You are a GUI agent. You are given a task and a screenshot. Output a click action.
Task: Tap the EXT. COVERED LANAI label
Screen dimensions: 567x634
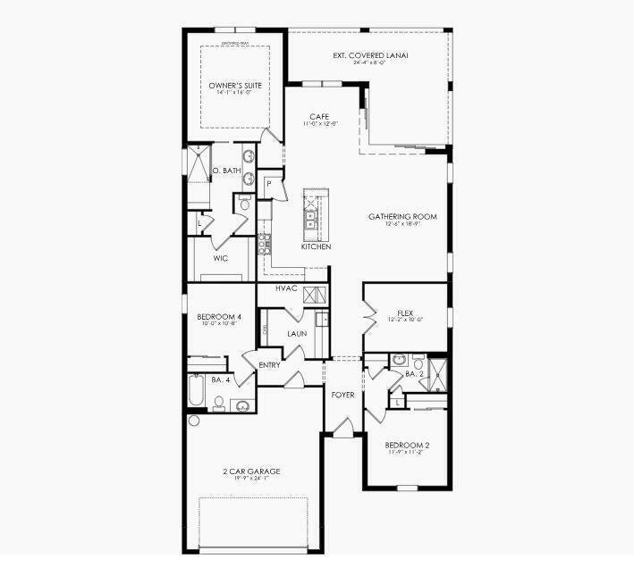369,55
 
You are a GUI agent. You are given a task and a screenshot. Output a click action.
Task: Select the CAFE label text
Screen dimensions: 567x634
319,117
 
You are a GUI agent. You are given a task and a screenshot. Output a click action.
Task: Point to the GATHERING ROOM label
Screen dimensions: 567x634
402,216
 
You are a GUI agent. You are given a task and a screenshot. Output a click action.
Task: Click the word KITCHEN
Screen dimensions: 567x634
317,246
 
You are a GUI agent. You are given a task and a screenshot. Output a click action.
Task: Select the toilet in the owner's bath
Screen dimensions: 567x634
244,204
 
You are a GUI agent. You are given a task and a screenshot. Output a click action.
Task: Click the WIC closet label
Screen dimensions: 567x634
221,259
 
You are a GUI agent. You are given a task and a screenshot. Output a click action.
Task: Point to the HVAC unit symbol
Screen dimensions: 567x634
312,296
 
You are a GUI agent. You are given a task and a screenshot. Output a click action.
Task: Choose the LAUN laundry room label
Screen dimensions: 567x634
297,333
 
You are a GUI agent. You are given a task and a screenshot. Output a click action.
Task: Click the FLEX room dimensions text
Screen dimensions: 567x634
404,320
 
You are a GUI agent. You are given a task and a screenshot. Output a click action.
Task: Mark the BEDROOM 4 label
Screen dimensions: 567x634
219,317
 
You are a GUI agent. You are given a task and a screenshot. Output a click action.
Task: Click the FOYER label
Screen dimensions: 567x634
342,394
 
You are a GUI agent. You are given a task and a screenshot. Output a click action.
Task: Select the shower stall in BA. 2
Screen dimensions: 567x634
437,373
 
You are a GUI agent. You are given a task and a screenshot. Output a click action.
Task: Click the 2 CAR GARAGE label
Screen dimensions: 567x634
251,471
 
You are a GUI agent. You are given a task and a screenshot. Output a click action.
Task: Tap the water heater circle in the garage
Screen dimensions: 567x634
193,421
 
